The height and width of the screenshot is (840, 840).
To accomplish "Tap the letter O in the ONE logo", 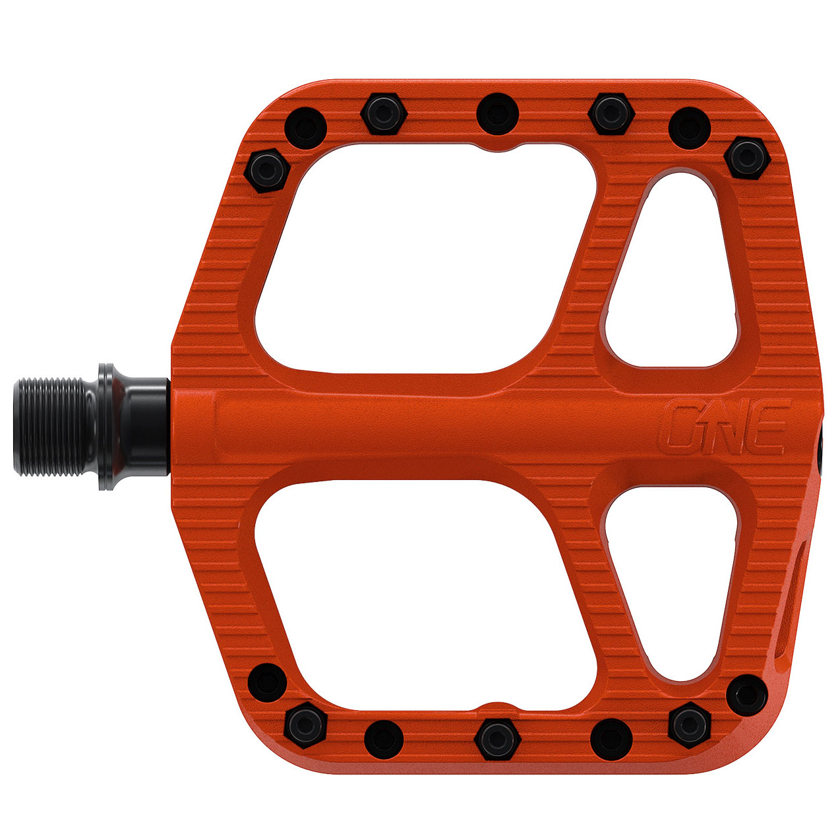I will (682, 427).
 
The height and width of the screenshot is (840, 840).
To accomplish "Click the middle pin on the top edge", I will (497, 110).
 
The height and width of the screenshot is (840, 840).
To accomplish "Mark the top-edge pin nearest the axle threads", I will (268, 169).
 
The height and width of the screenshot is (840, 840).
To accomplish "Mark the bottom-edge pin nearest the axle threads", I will (268, 682).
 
